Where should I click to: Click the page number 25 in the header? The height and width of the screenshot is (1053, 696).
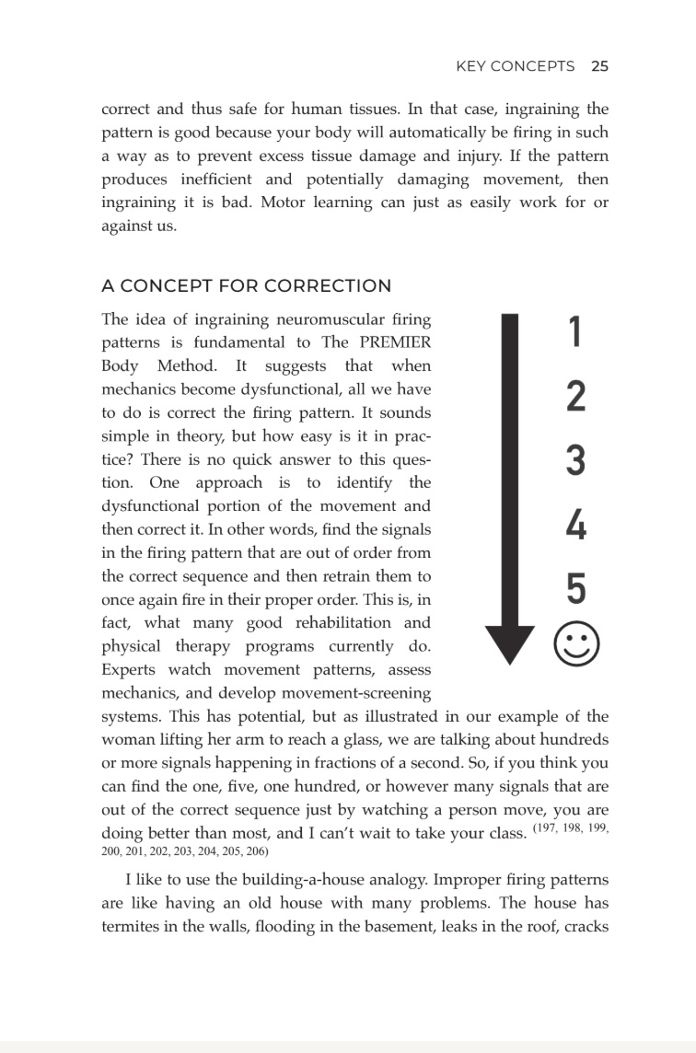(599, 66)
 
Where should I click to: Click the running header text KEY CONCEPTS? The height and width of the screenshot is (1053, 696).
(516, 66)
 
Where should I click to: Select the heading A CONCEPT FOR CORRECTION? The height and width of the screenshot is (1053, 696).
(246, 285)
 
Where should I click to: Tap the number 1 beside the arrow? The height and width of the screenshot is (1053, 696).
(574, 332)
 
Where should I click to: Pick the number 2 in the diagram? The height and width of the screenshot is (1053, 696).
(574, 397)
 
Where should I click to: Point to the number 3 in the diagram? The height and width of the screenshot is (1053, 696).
(574, 461)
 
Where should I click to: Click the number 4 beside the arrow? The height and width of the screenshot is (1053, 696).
(574, 526)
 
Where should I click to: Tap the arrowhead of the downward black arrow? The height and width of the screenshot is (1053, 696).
(509, 643)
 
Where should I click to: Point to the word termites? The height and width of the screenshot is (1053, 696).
(132, 926)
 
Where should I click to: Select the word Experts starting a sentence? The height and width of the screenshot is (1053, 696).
(132, 669)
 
